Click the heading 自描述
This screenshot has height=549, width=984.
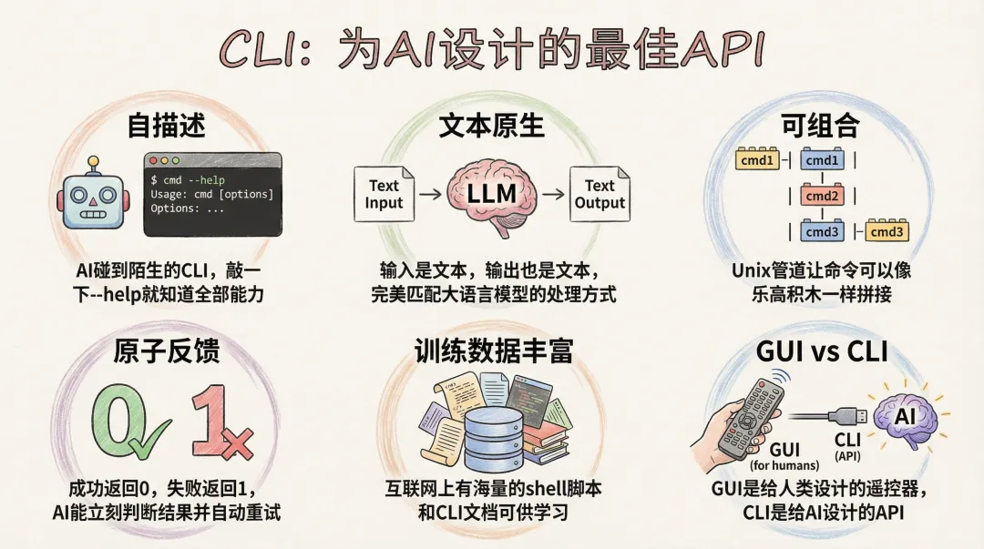(165, 126)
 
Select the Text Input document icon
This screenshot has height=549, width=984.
(384, 194)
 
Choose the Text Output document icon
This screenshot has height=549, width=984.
(600, 194)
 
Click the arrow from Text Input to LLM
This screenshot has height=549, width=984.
(431, 194)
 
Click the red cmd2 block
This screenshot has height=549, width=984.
(821, 196)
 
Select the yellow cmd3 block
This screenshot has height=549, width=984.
(887, 231)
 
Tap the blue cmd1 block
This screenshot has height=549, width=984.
(821, 161)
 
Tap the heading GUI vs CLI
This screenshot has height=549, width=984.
(822, 352)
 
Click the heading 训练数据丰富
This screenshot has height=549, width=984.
(493, 352)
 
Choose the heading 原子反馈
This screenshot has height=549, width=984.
(165, 352)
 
